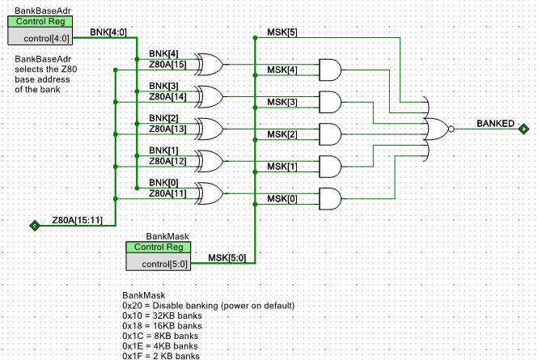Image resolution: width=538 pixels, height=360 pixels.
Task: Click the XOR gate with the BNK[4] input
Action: point(210,65)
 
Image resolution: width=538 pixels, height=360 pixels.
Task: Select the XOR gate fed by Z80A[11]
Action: point(210,193)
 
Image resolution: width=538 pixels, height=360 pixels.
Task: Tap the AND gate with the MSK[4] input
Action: point(330,70)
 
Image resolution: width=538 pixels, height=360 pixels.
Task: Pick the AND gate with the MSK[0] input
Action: point(330,199)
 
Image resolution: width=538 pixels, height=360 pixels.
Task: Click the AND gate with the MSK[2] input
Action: point(330,134)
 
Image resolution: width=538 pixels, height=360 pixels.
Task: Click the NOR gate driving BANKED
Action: point(436,129)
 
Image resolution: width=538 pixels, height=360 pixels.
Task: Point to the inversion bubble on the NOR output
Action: point(451,129)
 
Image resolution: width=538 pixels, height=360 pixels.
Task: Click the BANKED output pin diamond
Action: point(523,129)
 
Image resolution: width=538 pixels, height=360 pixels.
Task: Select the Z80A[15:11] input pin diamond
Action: point(35,226)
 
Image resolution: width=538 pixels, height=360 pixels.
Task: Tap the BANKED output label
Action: point(495,124)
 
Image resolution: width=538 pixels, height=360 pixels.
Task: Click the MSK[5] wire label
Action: point(282,32)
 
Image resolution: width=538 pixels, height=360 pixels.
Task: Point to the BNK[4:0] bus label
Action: point(108,32)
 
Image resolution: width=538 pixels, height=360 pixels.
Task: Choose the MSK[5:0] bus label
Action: point(227,258)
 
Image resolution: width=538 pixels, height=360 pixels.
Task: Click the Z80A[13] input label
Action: point(167,129)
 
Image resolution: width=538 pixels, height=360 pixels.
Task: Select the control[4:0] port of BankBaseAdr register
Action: point(46,39)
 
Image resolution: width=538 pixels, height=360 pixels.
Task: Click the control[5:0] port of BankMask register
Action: point(165,264)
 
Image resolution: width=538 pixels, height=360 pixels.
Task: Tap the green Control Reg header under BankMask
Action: point(159,247)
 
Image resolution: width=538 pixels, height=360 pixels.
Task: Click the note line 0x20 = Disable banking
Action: point(208,306)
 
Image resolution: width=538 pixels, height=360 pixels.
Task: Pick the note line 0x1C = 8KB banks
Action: point(160,336)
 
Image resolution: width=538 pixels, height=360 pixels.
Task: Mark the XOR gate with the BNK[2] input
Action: point(210,129)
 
